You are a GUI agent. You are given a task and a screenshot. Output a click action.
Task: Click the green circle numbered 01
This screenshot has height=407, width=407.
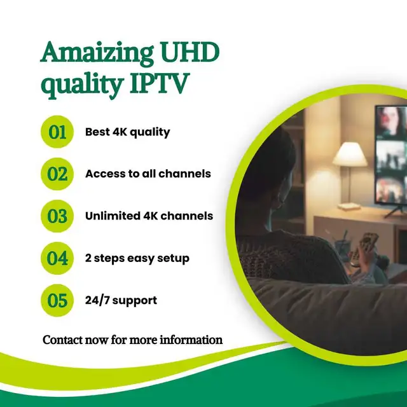[58, 132]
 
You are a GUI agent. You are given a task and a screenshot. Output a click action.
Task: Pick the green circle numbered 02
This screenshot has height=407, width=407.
[58, 174]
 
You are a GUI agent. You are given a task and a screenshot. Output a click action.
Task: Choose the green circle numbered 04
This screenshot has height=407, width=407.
[58, 258]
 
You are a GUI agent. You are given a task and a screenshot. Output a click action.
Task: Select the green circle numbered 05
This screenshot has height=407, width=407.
[58, 300]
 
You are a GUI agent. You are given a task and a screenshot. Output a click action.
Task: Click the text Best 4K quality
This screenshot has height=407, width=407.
[127, 132]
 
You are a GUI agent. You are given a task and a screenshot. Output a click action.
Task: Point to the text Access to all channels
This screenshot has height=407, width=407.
[148, 174]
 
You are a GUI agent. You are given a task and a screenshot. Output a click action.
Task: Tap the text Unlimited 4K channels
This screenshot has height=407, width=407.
[149, 216]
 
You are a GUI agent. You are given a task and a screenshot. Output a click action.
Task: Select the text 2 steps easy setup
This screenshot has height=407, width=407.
[137, 259]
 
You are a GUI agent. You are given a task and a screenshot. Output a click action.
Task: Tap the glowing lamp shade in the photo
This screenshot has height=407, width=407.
[354, 155]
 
